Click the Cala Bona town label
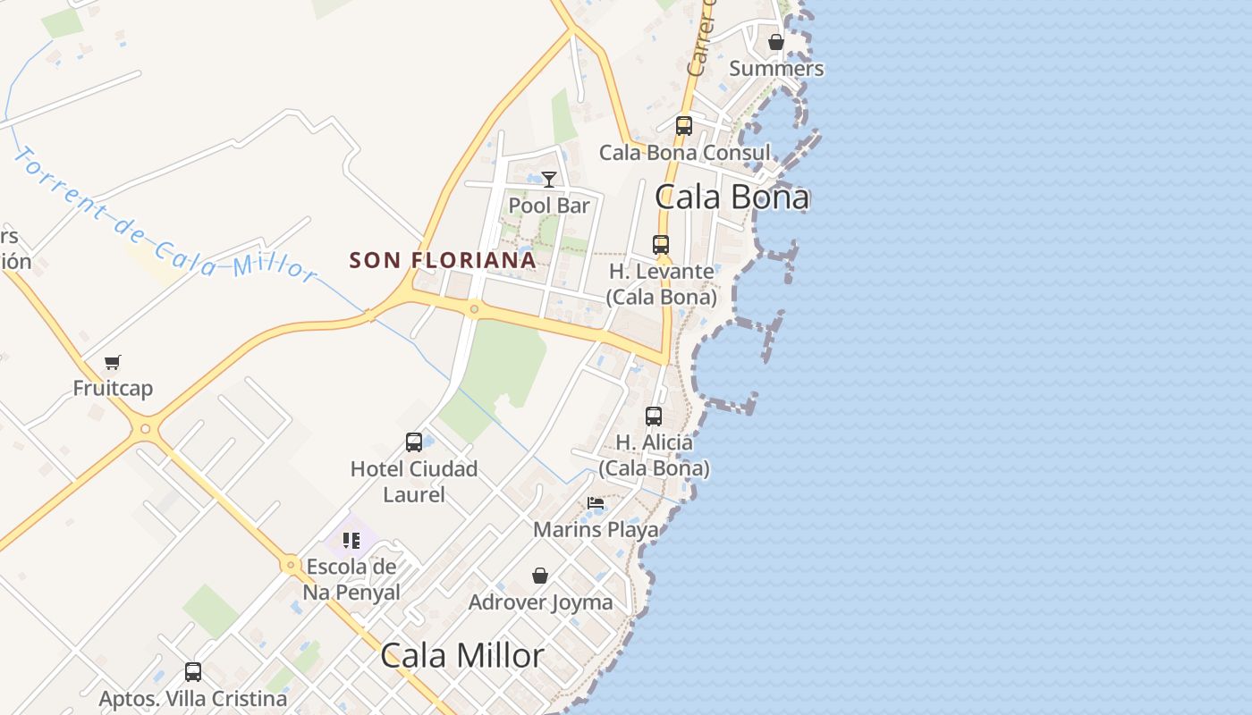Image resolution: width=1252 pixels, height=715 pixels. [732, 197]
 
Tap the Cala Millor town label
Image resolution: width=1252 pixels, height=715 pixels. [461, 655]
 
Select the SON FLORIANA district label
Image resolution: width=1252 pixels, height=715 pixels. [443, 260]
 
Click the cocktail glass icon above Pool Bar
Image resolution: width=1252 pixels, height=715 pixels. [549, 180]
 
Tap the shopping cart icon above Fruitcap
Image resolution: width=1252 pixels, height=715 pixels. [112, 363]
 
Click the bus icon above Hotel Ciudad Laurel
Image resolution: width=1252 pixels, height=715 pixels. [414, 442]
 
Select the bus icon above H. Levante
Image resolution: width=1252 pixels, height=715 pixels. [661, 244]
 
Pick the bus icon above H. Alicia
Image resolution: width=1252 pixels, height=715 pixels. [654, 416]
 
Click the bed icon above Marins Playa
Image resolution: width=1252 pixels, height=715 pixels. [596, 504]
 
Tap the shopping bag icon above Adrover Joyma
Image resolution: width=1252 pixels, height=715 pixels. [540, 576]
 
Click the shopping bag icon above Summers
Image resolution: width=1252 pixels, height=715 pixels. [776, 42]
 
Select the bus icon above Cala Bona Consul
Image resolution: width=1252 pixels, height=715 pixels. [684, 126]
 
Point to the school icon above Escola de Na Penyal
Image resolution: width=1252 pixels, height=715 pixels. [351, 541]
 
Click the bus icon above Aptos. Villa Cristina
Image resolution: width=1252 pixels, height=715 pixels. [193, 672]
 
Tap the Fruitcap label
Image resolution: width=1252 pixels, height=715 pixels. [113, 389]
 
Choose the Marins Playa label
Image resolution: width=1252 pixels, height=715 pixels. [596, 530]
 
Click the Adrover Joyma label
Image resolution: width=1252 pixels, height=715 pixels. [541, 602]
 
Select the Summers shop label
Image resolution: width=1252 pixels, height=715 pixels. [776, 68]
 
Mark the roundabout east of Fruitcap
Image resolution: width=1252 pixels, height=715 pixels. [146, 429]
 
